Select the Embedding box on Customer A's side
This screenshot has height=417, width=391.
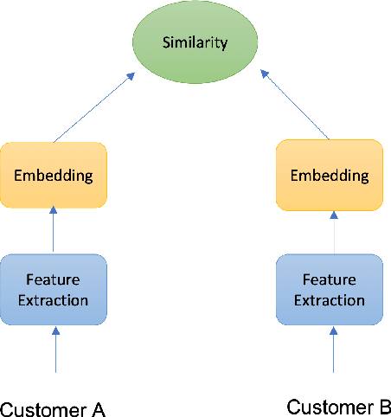click(54, 175)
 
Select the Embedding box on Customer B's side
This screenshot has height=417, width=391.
click(329, 175)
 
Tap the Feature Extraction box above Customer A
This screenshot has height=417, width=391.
click(54, 291)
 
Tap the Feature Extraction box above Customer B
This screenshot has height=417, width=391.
click(329, 291)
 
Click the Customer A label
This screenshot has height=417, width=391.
click(53, 408)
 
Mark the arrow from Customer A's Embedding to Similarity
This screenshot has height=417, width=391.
click(93, 107)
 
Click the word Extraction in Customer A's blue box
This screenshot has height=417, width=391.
click(54, 300)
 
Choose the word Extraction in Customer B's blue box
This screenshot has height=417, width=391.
click(329, 300)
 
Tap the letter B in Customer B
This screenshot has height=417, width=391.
click(385, 407)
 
